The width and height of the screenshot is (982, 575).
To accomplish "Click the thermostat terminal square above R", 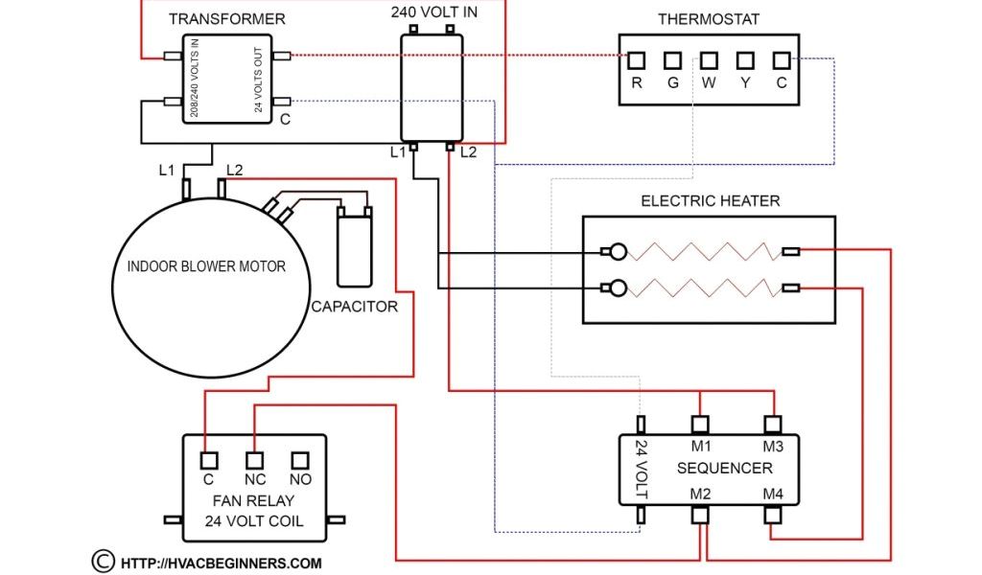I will [637, 60].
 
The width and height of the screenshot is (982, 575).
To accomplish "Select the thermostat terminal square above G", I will [673, 60].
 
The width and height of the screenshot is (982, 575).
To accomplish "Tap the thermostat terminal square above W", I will [709, 60].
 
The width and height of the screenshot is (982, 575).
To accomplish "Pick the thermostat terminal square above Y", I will [744, 60].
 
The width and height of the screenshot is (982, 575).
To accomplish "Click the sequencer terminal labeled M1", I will [701, 424].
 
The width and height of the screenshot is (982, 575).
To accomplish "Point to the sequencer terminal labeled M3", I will [773, 424].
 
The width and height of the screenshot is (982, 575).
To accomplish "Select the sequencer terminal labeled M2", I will [701, 515].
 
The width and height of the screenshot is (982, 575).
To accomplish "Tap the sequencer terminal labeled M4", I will [773, 515].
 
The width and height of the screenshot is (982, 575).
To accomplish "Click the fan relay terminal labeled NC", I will [254, 459].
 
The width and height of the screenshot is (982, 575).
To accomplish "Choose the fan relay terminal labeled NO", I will [300, 459].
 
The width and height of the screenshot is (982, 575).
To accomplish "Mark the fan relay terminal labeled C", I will [207, 459].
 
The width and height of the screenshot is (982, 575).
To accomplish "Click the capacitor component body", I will [354, 251].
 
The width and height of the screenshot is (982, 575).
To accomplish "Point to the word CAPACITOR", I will [354, 308].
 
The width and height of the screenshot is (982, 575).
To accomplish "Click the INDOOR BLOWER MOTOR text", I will [206, 265].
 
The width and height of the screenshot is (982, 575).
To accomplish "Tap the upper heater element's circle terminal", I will [620, 252].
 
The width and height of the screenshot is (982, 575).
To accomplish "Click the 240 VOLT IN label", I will [433, 12].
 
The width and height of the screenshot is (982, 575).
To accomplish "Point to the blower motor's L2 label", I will [233, 171].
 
